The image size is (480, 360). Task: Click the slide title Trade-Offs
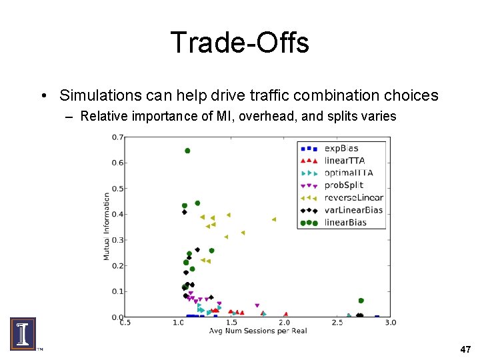[239, 43]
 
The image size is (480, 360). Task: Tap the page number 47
[465, 349]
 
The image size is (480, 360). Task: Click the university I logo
[23, 334]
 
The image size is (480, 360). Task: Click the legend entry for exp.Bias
[341, 148]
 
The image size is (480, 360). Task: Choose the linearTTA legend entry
[343, 161]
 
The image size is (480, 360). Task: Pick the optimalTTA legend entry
[347, 173]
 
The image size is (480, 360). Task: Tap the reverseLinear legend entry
[353, 197]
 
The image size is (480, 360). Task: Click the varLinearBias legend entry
[353, 210]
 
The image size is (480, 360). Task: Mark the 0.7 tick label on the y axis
[117, 137]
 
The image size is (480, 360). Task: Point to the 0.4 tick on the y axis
[117, 214]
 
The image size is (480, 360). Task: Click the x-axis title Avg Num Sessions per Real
[257, 331]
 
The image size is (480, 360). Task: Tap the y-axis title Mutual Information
[107, 227]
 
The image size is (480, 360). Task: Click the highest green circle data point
[187, 151]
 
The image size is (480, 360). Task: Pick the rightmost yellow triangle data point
[273, 219]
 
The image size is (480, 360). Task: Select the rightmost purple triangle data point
[257, 306]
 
